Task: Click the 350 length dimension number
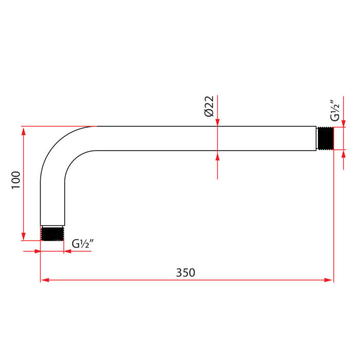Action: pos(186,273)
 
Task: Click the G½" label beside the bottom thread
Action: pos(82,244)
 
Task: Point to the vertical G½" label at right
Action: pos(334,110)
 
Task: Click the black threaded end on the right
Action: pos(326,138)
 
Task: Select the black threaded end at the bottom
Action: pos(52,233)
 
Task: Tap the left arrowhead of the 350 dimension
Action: pos(45,280)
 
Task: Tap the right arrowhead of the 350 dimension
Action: pos(329,280)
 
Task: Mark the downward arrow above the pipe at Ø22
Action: pos(218,122)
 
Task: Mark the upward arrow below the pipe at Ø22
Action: pos(218,155)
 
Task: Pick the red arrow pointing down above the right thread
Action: pos(344,122)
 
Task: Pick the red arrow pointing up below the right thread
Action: pos(344,154)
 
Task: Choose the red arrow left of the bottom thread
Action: pos(37,251)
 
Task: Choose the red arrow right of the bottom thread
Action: pos(67,251)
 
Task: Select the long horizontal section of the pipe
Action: pos(206,138)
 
